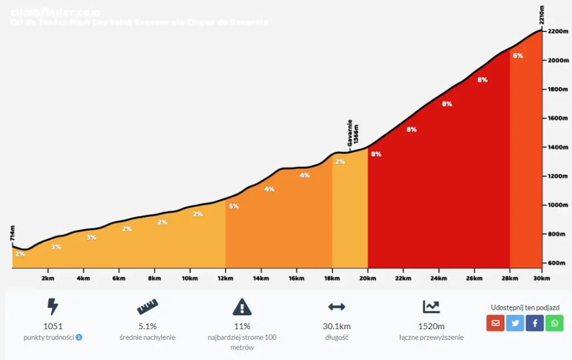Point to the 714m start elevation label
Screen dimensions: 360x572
(x=12, y=234)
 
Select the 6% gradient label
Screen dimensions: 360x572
(x=518, y=55)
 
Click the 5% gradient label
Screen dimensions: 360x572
(x=233, y=206)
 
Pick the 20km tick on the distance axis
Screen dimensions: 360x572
(x=368, y=278)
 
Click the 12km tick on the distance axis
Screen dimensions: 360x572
(x=225, y=278)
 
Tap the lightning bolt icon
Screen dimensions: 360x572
(x=53, y=306)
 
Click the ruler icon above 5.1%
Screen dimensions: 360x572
(x=147, y=306)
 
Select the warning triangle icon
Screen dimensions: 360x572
(x=242, y=306)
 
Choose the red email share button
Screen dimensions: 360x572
(x=495, y=323)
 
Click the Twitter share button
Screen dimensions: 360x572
(x=515, y=323)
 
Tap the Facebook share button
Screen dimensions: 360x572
(x=535, y=323)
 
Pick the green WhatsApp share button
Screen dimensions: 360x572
(x=554, y=323)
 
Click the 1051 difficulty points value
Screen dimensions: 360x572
(x=53, y=326)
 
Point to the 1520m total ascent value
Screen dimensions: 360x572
(x=431, y=326)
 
